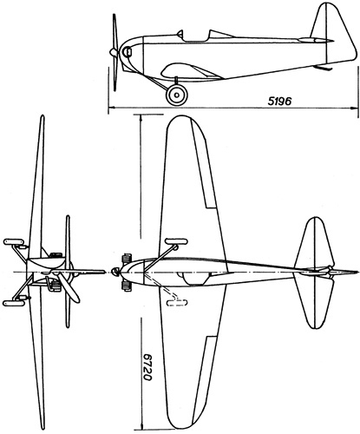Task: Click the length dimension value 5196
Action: [x=279, y=101]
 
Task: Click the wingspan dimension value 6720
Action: [x=147, y=366]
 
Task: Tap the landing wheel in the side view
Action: [x=176, y=95]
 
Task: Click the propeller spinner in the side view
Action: [x=113, y=52]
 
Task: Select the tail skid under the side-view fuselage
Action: [x=324, y=68]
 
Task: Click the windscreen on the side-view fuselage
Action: [x=180, y=34]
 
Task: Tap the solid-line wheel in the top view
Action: [x=176, y=241]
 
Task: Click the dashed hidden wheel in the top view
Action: [x=177, y=303]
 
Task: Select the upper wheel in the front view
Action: [x=13, y=242]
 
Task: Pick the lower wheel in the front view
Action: [x=13, y=303]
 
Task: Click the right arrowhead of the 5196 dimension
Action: [x=354, y=108]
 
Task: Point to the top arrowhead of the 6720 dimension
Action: [x=141, y=118]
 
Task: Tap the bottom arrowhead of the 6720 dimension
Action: [x=141, y=426]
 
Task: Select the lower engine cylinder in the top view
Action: [x=127, y=286]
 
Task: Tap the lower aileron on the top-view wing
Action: [x=205, y=380]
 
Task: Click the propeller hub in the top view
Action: [x=115, y=272]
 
